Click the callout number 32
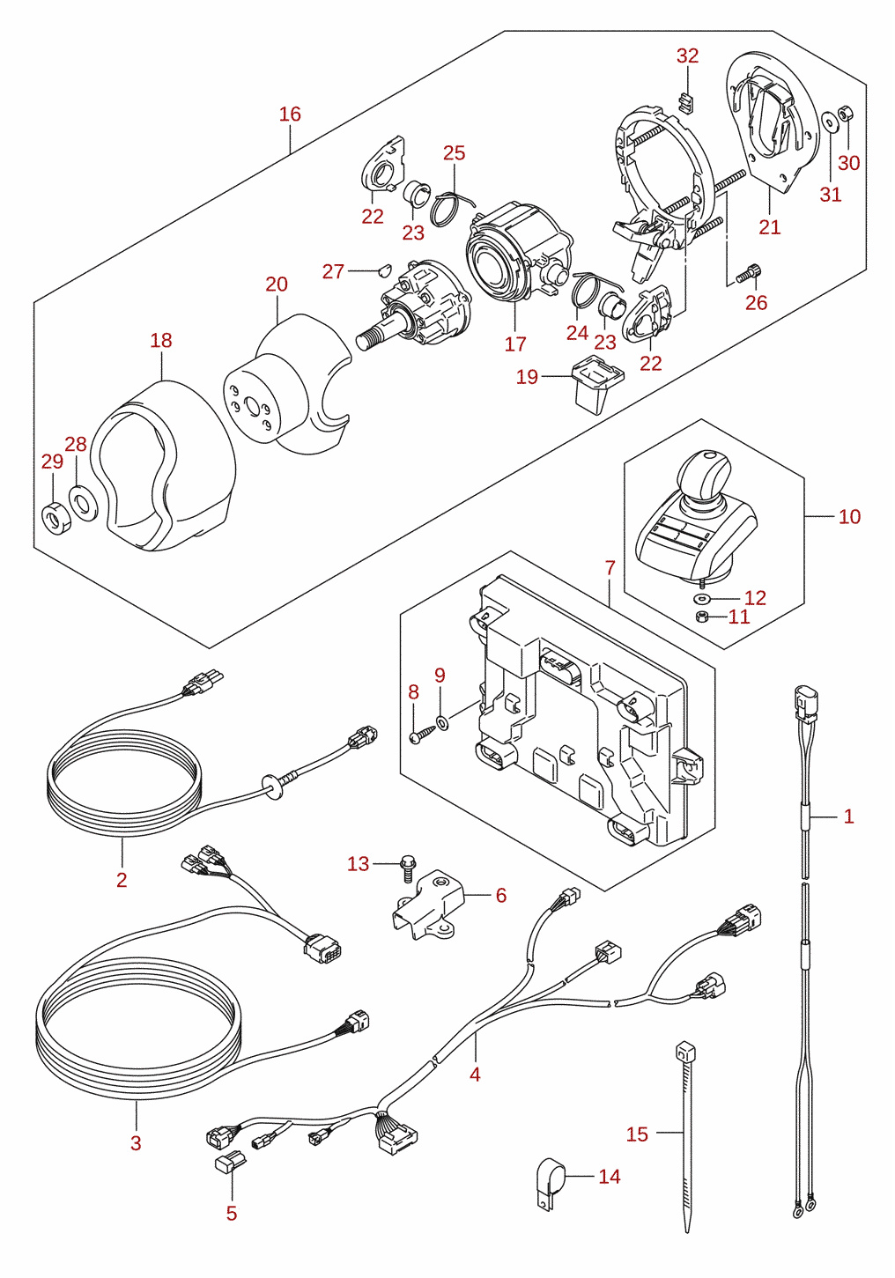point(687,55)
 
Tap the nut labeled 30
point(846,113)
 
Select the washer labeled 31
point(828,122)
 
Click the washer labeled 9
point(442,723)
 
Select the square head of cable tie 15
point(685,1051)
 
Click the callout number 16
point(290,115)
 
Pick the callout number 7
point(610,568)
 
